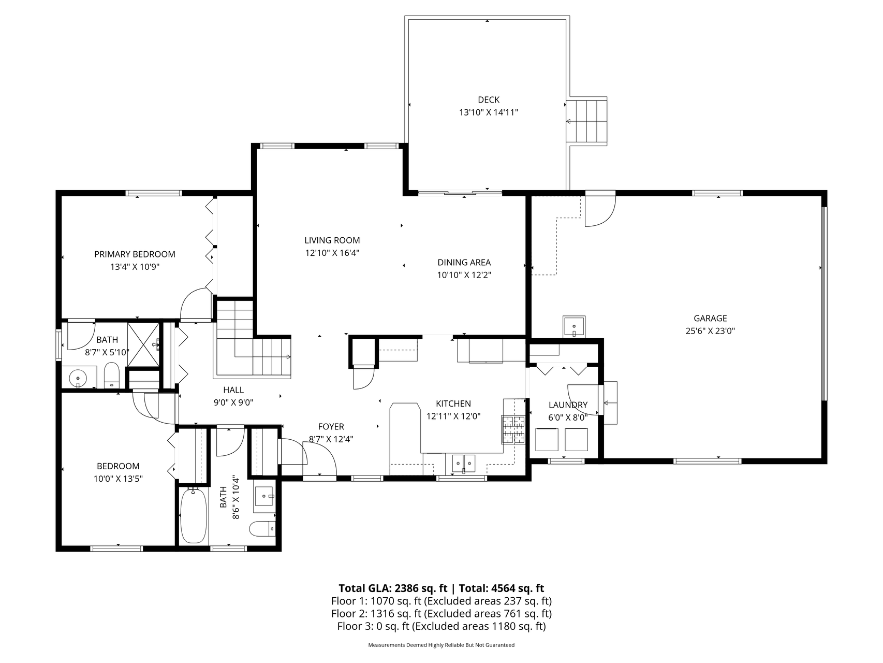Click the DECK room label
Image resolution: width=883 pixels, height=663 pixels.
coord(489,99)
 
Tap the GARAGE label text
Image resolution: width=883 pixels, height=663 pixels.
coord(710,319)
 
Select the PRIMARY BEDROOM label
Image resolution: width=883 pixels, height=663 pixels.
coord(135,254)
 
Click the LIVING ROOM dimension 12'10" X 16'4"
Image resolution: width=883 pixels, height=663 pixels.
coord(332,253)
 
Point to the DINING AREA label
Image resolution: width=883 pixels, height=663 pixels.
coord(464,263)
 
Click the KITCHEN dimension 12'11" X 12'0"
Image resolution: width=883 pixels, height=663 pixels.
coord(453,416)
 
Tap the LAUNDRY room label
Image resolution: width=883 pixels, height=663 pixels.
coord(568,405)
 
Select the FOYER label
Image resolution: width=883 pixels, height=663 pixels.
coord(331,427)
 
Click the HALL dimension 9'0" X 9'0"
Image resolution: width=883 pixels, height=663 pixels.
coord(233,402)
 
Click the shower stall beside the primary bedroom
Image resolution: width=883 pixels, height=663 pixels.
coord(144,344)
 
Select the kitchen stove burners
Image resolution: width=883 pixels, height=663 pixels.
coord(513,429)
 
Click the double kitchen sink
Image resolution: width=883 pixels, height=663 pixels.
coord(463,463)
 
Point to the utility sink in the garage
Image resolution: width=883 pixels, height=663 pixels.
coord(575,326)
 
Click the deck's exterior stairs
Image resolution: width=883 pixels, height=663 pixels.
coord(587,121)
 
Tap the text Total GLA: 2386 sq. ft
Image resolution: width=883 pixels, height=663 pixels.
coord(393,588)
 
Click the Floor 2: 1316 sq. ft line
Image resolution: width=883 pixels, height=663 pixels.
coord(441,614)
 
